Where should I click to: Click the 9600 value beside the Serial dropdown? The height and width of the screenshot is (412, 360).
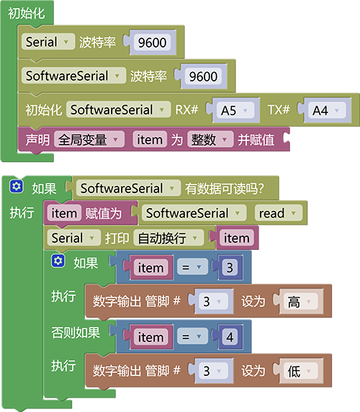tap(153, 42)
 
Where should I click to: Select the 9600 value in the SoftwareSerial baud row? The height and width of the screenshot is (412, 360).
tap(203, 76)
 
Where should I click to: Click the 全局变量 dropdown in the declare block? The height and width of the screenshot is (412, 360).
tap(89, 140)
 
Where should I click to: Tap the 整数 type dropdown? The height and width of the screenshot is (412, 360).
tap(210, 140)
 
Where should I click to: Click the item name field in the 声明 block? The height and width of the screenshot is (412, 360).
tap(150, 140)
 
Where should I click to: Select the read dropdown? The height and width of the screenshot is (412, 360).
tap(279, 213)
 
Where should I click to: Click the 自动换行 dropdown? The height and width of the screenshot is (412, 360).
tap(168, 238)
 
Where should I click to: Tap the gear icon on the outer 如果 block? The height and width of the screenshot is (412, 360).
tap(17, 187)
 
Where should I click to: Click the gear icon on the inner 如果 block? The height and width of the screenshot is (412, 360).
tap(58, 261)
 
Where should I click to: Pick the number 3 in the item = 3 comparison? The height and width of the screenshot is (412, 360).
tap(230, 268)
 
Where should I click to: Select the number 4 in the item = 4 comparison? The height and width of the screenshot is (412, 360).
tap(230, 337)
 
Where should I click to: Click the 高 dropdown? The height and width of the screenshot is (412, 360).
tap(300, 301)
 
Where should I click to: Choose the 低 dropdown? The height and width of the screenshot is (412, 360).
tap(300, 371)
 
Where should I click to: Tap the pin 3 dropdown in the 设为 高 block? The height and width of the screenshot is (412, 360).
tap(213, 301)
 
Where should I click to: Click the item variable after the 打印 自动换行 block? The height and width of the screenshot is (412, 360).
tap(236, 238)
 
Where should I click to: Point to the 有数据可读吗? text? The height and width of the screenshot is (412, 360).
tap(224, 189)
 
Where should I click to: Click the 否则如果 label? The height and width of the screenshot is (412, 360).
tap(76, 333)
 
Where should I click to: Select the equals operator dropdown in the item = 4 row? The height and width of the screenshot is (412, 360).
tap(192, 337)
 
